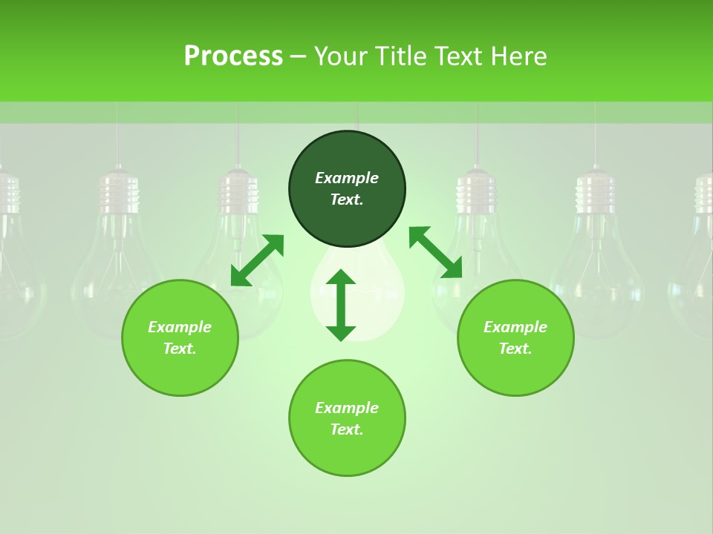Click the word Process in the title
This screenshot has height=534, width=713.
click(x=233, y=56)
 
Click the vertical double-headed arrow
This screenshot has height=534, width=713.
click(x=341, y=305)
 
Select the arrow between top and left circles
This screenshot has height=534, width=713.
click(x=257, y=260)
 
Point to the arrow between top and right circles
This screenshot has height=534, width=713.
click(x=435, y=252)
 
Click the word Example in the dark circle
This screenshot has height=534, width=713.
click(x=347, y=178)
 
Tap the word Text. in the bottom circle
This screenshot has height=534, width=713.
click(x=347, y=429)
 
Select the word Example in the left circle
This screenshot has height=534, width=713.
click(x=180, y=327)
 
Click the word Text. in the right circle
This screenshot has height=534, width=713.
click(x=515, y=349)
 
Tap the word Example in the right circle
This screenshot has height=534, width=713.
click(x=515, y=327)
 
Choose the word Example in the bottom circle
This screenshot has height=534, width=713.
click(x=347, y=408)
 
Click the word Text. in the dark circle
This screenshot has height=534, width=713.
click(x=347, y=200)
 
